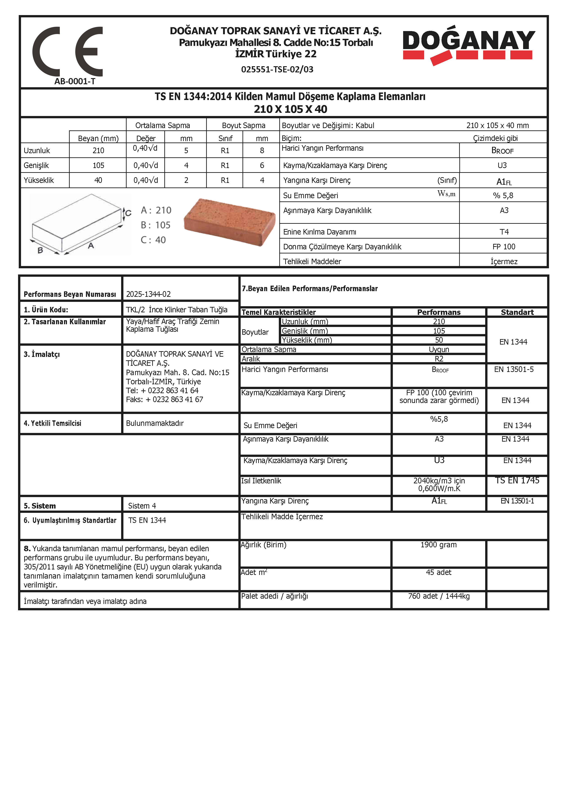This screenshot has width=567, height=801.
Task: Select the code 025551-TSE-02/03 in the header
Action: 277,69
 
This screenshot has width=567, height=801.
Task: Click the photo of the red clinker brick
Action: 229,222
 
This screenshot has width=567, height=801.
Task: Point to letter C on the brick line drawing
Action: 128,213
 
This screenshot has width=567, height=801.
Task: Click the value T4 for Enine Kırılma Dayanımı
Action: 504,232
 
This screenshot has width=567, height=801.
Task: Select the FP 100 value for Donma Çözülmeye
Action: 504,247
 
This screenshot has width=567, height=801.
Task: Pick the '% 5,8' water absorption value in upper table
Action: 503,195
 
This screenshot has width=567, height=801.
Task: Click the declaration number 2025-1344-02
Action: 148,294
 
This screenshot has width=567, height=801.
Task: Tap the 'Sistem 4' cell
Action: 142,506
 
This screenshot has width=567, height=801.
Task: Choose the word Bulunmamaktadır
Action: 155,423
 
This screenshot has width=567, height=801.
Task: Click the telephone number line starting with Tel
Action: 162,390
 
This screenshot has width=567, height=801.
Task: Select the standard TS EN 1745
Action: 517,480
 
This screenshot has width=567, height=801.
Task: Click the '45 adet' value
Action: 439,572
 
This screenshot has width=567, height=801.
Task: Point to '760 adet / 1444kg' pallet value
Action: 439,596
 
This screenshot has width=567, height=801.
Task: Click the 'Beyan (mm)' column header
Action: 98,139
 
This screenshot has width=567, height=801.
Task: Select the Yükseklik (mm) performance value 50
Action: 439,340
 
